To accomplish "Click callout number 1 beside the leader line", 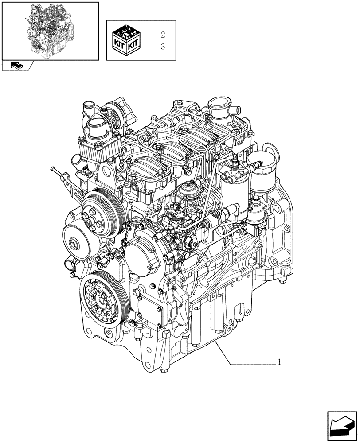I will (x=280, y=362).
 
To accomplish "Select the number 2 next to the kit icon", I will (x=163, y=35).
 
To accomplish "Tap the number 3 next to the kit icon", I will (x=163, y=47).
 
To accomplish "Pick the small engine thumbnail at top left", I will (x=50, y=30).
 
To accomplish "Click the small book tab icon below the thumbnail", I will (x=17, y=66).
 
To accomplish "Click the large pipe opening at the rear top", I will (x=220, y=108).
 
